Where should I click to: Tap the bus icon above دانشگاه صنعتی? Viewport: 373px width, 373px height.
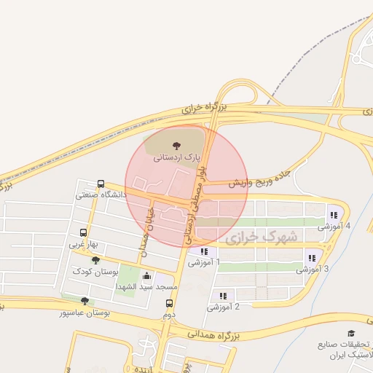pyautogui.click(x=101, y=184)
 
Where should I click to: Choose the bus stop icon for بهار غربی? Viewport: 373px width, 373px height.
pyautogui.click(x=82, y=234)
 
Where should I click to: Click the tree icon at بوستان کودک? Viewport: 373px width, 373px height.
pyautogui.click(x=95, y=260)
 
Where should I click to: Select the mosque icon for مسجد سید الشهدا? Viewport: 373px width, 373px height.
pyautogui.click(x=148, y=275)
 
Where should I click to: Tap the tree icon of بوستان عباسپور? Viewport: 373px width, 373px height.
pyautogui.click(x=85, y=300)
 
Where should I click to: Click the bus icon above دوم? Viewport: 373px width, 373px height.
pyautogui.click(x=169, y=303)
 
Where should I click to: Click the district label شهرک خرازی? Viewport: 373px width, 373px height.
pyautogui.click(x=262, y=237)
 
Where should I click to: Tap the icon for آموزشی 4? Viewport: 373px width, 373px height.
pyautogui.click(x=334, y=214)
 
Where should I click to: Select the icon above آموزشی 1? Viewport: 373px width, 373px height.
pyautogui.click(x=203, y=251)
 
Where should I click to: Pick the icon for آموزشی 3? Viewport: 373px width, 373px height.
pyautogui.click(x=312, y=257)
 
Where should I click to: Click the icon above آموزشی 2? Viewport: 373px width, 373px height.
pyautogui.click(x=223, y=295)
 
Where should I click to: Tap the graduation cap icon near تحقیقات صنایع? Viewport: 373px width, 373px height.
pyautogui.click(x=352, y=333)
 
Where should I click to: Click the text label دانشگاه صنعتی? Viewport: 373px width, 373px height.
pyautogui.click(x=101, y=195)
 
